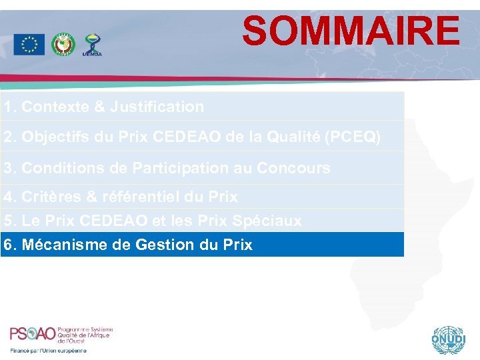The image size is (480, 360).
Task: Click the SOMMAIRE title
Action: (x=351, y=31)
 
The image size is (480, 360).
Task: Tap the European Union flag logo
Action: (x=29, y=45)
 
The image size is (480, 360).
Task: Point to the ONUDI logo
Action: (x=446, y=341)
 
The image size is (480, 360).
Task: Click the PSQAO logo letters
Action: (x=32, y=334)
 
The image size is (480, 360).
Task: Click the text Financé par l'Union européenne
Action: (x=48, y=351)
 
